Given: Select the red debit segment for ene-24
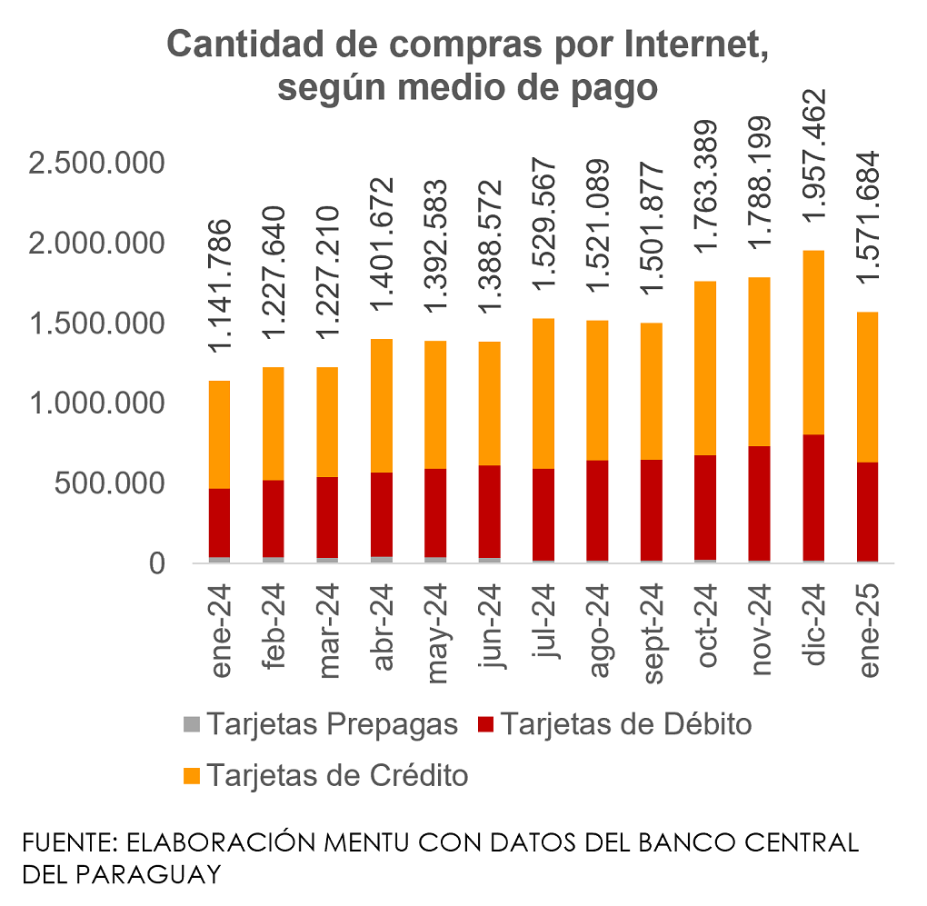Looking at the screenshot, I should point(220,523).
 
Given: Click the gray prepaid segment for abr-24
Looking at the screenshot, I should point(381,560).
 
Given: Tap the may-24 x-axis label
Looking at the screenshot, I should point(436,627).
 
